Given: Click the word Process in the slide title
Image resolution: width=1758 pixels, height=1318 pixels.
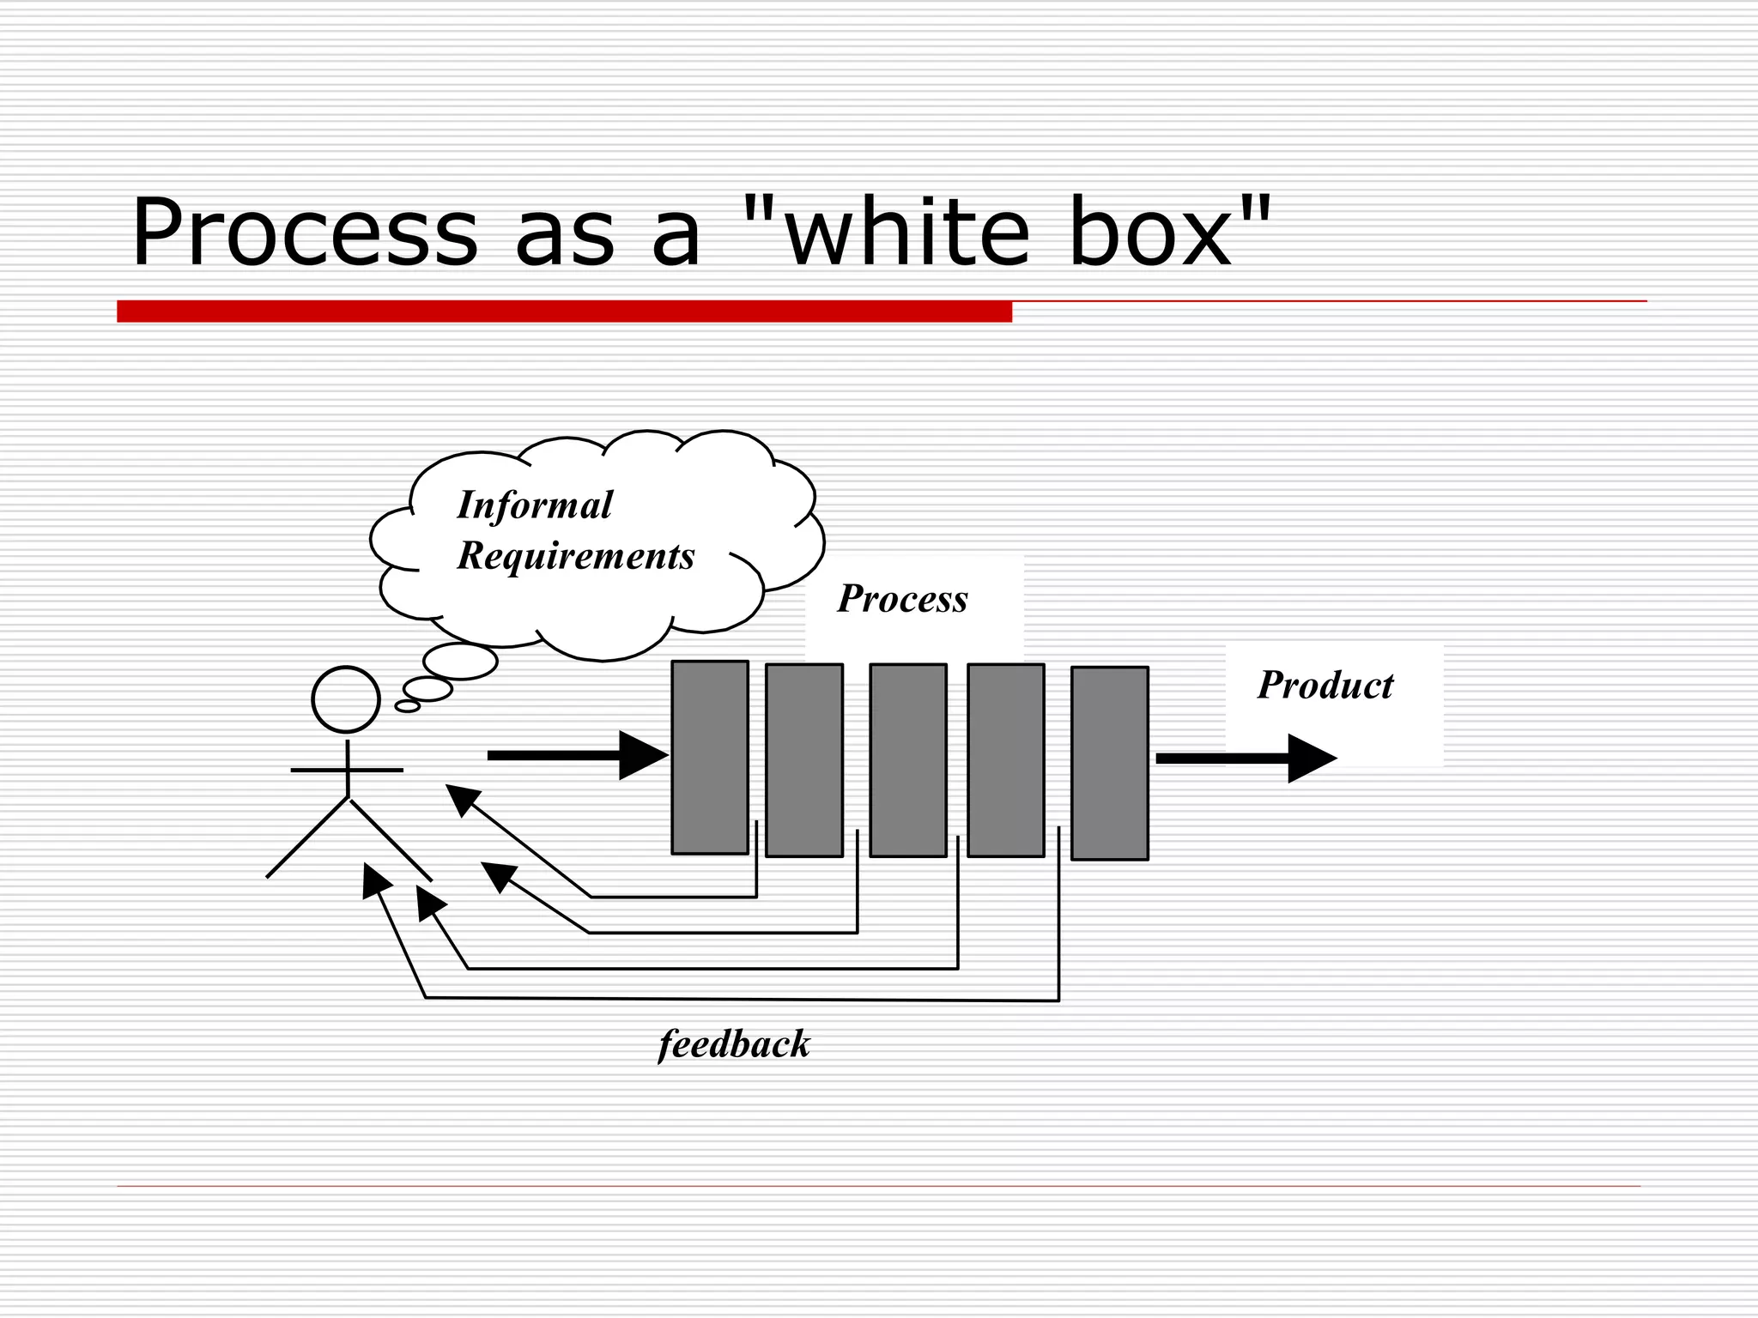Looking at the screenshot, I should coord(304,233).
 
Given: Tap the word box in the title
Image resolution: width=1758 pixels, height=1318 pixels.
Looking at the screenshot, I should coord(1150,233).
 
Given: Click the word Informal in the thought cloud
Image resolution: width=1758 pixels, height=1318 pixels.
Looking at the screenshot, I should coord(535,505).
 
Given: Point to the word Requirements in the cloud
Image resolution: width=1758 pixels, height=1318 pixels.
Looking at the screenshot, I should coord(576,556).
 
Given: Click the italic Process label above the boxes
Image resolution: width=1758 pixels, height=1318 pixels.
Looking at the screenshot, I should coord(902,599).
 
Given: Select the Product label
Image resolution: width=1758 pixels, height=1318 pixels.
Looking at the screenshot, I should coord(1325,686).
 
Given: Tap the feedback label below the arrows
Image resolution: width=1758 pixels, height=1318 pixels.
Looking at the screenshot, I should coord(734,1045).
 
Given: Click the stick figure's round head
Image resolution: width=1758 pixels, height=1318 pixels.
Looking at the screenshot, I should coord(346,699).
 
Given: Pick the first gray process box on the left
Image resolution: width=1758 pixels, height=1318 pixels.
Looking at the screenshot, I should coord(710,757).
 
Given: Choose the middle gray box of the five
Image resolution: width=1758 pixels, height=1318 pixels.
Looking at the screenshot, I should coord(908,760).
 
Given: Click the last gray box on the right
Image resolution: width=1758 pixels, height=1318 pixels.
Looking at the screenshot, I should coord(1110,763).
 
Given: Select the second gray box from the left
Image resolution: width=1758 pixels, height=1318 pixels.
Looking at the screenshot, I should coord(804,760).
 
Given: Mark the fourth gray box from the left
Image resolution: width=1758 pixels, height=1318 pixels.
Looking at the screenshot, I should coord(1006,760).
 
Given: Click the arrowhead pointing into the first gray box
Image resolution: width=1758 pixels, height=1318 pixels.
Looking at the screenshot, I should coord(642,755).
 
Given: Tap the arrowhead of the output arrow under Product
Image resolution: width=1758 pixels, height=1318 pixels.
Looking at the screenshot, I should coord(1311,759).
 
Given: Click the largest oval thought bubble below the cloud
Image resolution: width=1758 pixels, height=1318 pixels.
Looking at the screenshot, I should coord(461,661).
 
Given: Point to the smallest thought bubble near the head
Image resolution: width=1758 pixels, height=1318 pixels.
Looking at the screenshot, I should coord(408,706).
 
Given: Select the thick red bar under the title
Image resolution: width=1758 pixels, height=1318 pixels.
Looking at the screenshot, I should coord(564,311).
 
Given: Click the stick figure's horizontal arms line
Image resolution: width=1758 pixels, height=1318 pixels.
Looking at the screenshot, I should coord(347,771).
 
